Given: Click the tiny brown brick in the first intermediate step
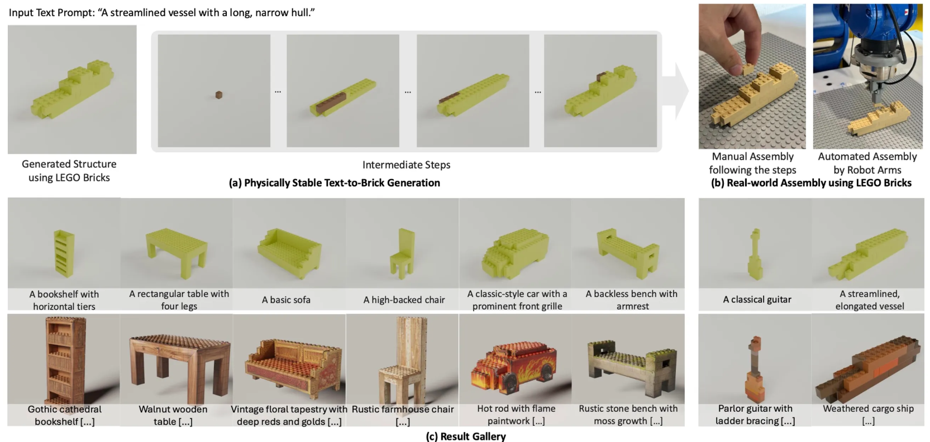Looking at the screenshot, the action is pos(219,95).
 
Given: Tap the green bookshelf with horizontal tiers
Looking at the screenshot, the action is pos(64,253).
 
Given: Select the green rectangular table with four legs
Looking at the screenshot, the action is pos(177,251).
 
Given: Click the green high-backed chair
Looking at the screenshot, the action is pos(402,253).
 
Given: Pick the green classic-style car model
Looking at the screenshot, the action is pos(515,252).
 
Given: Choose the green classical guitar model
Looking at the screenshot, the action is pos(755,254).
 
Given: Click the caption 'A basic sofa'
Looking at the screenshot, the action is pos(286,300).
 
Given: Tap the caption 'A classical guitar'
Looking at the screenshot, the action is pos(757,299).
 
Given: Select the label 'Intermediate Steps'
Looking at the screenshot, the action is pos(406,165).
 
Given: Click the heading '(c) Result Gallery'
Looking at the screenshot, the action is pos(466,436).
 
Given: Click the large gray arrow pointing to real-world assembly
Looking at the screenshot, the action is pos(676,91).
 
